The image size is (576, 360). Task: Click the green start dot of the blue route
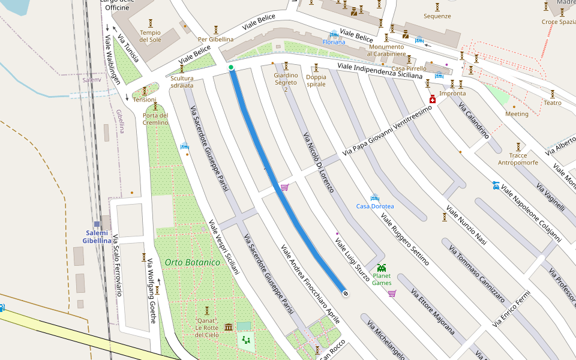click(231, 68)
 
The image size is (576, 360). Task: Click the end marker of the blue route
click(346, 293)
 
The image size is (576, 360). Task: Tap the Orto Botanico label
click(193, 263)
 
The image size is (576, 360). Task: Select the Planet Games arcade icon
click(382, 268)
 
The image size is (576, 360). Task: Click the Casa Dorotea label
click(375, 206)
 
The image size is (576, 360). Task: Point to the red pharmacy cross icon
click(431, 99)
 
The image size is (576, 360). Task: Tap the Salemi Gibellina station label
click(97, 237)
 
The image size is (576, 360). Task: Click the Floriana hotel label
click(334, 42)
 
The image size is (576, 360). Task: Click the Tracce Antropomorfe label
click(518, 159)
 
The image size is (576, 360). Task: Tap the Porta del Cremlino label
click(155, 119)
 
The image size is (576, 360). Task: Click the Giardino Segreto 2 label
click(286, 82)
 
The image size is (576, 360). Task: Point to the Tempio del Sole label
click(151, 36)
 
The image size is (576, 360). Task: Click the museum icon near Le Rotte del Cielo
click(229, 327)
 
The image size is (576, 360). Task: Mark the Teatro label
click(552, 103)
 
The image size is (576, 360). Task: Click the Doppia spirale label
click(316, 80)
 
